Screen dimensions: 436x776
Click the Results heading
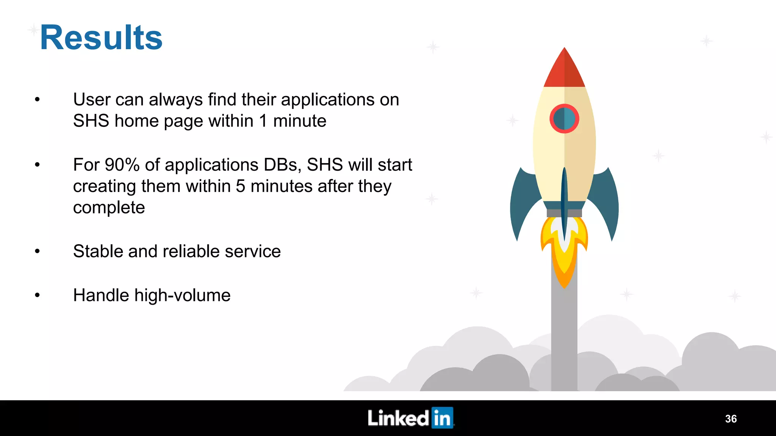(101, 37)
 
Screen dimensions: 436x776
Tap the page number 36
(731, 419)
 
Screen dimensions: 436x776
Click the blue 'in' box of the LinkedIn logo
(442, 418)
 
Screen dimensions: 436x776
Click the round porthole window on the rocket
(564, 119)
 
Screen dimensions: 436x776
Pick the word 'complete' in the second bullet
(109, 208)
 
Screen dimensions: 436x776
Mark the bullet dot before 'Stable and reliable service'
(37, 251)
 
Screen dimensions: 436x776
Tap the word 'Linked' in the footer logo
(398, 418)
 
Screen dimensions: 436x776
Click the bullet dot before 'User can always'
(37, 100)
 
